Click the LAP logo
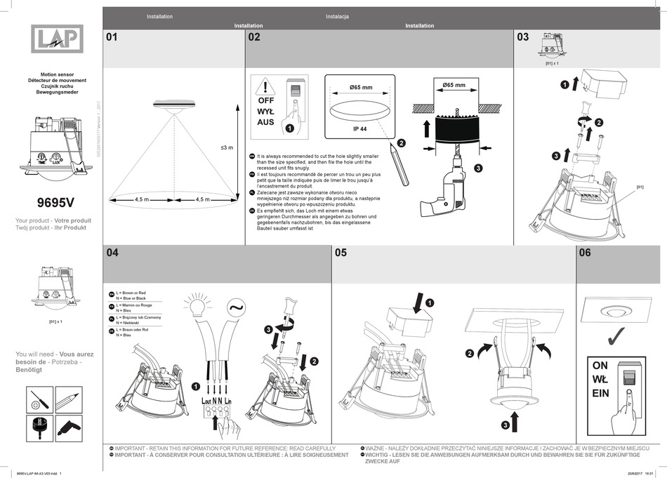[x=56, y=39]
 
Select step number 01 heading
[x=112, y=37]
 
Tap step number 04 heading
[x=112, y=252]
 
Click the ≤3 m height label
[x=226, y=148]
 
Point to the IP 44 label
[x=361, y=129]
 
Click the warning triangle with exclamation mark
[x=265, y=87]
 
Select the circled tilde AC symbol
[x=233, y=307]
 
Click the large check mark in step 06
[x=619, y=338]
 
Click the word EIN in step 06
[x=600, y=394]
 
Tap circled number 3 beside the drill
[x=478, y=168]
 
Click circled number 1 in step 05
[x=430, y=303]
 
